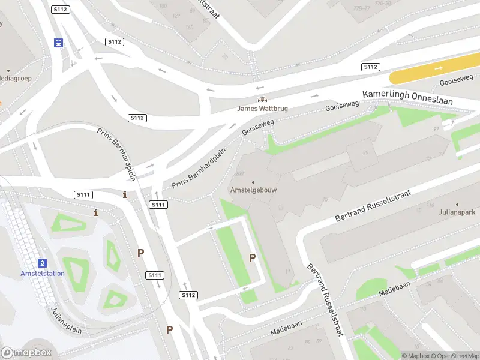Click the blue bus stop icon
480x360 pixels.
point(59,43)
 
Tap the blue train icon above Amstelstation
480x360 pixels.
point(42,263)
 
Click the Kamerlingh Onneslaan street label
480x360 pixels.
point(407,98)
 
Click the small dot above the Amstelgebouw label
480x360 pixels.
point(253,182)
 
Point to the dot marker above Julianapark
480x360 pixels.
point(457,203)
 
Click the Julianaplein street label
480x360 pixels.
point(65,320)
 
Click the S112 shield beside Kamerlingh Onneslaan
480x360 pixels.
point(370,67)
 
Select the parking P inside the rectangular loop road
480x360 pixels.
point(253,257)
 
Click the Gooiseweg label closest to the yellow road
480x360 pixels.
point(457,80)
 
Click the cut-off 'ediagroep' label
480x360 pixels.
point(15,78)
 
